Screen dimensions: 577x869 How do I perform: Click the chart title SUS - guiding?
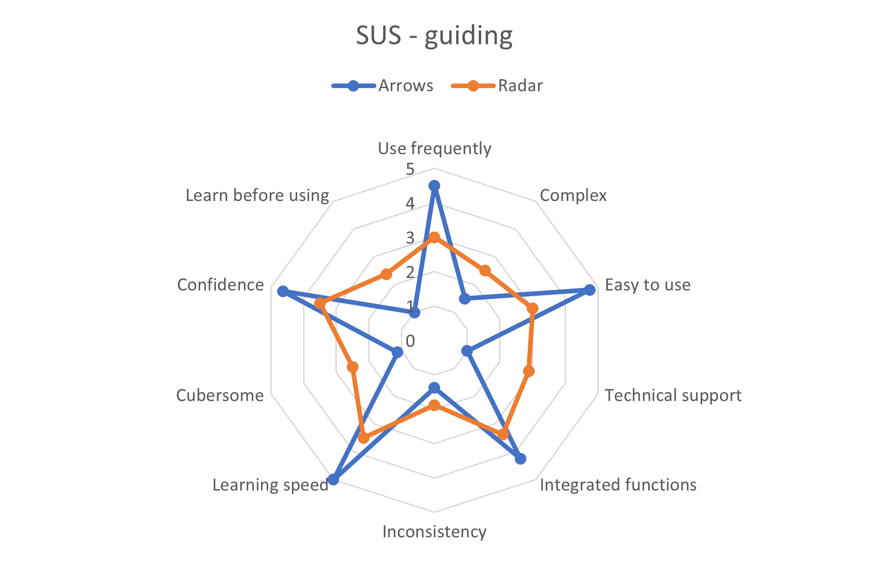pos(434,36)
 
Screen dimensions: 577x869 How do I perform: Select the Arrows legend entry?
pos(383,86)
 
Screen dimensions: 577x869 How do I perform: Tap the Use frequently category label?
pos(434,149)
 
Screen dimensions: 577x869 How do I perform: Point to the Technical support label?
pos(673,395)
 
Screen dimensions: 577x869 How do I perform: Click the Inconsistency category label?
pos(434,532)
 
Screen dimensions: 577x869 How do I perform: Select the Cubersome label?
pos(220,395)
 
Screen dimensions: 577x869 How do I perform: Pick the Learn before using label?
pos(257,196)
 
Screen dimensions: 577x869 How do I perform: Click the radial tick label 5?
pos(410,169)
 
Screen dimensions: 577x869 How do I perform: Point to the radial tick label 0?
pos(410,341)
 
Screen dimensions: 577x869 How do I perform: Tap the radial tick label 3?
pos(410,238)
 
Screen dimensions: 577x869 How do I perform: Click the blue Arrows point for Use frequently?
pos(434,186)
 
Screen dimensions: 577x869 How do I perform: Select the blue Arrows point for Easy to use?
pos(589,290)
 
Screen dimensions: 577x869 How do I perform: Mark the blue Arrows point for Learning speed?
pos(333,480)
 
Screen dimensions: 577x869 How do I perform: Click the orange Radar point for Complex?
pos(484,271)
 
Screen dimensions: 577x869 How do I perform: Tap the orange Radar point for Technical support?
pos(529,371)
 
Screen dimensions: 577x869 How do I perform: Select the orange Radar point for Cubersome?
pos(353,367)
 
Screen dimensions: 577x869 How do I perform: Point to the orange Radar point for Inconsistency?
pos(434,405)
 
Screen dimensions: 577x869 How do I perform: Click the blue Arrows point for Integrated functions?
pos(520,459)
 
